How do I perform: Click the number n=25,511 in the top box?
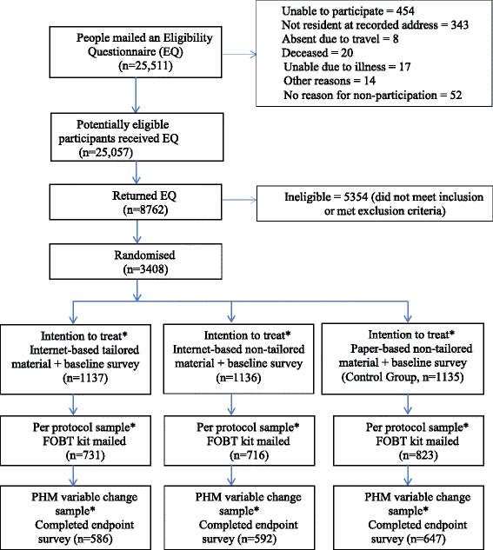[x=145, y=66]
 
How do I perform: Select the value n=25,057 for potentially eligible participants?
[x=106, y=153]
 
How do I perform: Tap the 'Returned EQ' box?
[x=136, y=202]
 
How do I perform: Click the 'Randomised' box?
[x=136, y=262]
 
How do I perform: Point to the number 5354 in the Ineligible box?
[x=356, y=196]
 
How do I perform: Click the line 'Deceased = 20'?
[x=317, y=53]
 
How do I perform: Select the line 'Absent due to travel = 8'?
[x=340, y=39]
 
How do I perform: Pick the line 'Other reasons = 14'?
[x=330, y=81]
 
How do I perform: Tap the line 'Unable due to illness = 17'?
[x=347, y=67]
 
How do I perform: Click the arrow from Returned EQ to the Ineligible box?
[x=239, y=200]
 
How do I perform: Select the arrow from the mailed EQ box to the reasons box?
[x=239, y=55]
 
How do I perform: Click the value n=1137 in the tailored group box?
[x=85, y=378]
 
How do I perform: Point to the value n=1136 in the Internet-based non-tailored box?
[x=238, y=378]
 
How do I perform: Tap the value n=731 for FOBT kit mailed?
[x=85, y=455]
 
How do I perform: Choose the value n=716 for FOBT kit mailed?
[x=250, y=455]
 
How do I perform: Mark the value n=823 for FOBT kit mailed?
[x=418, y=455]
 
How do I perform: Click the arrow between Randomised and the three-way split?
[x=137, y=290]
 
